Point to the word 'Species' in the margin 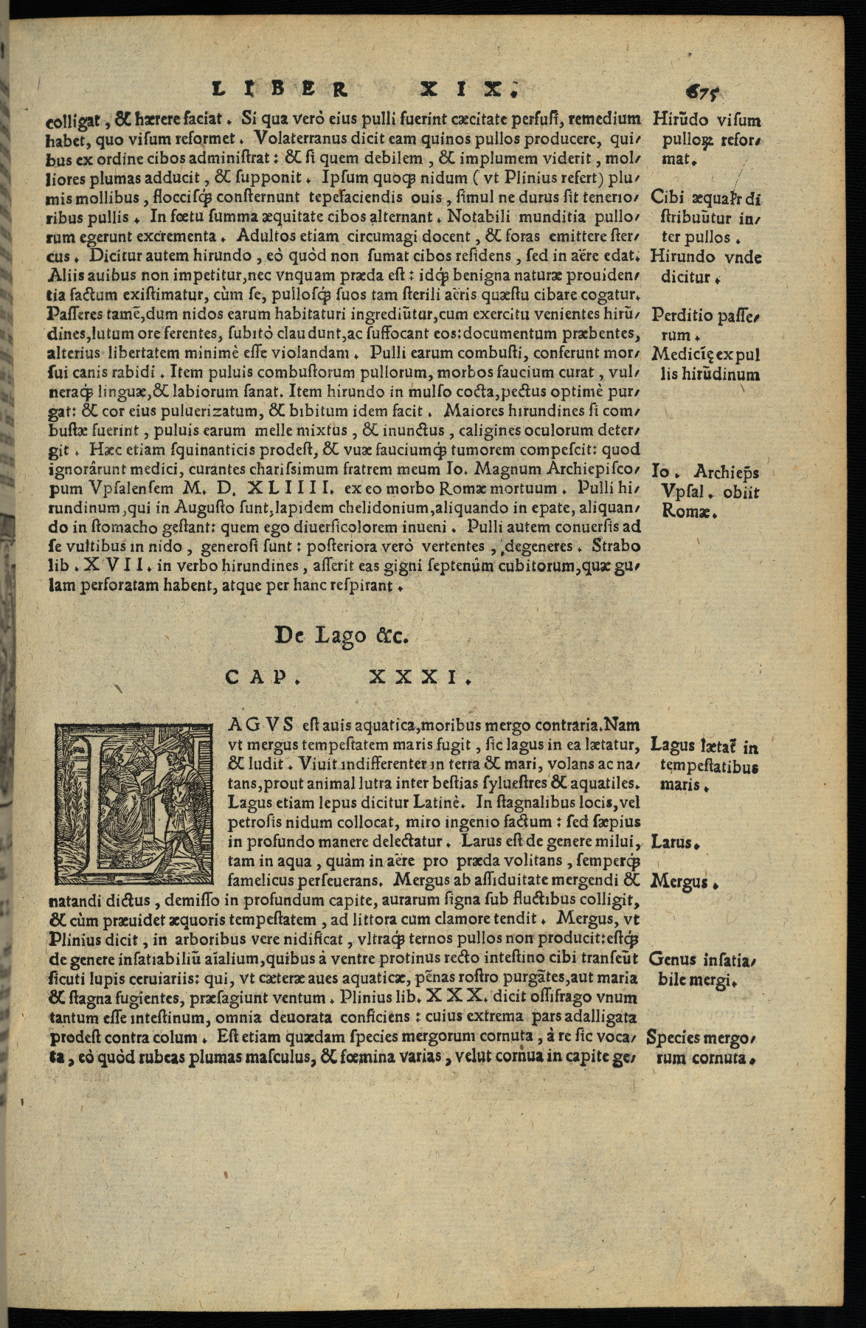(x=675, y=1038)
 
